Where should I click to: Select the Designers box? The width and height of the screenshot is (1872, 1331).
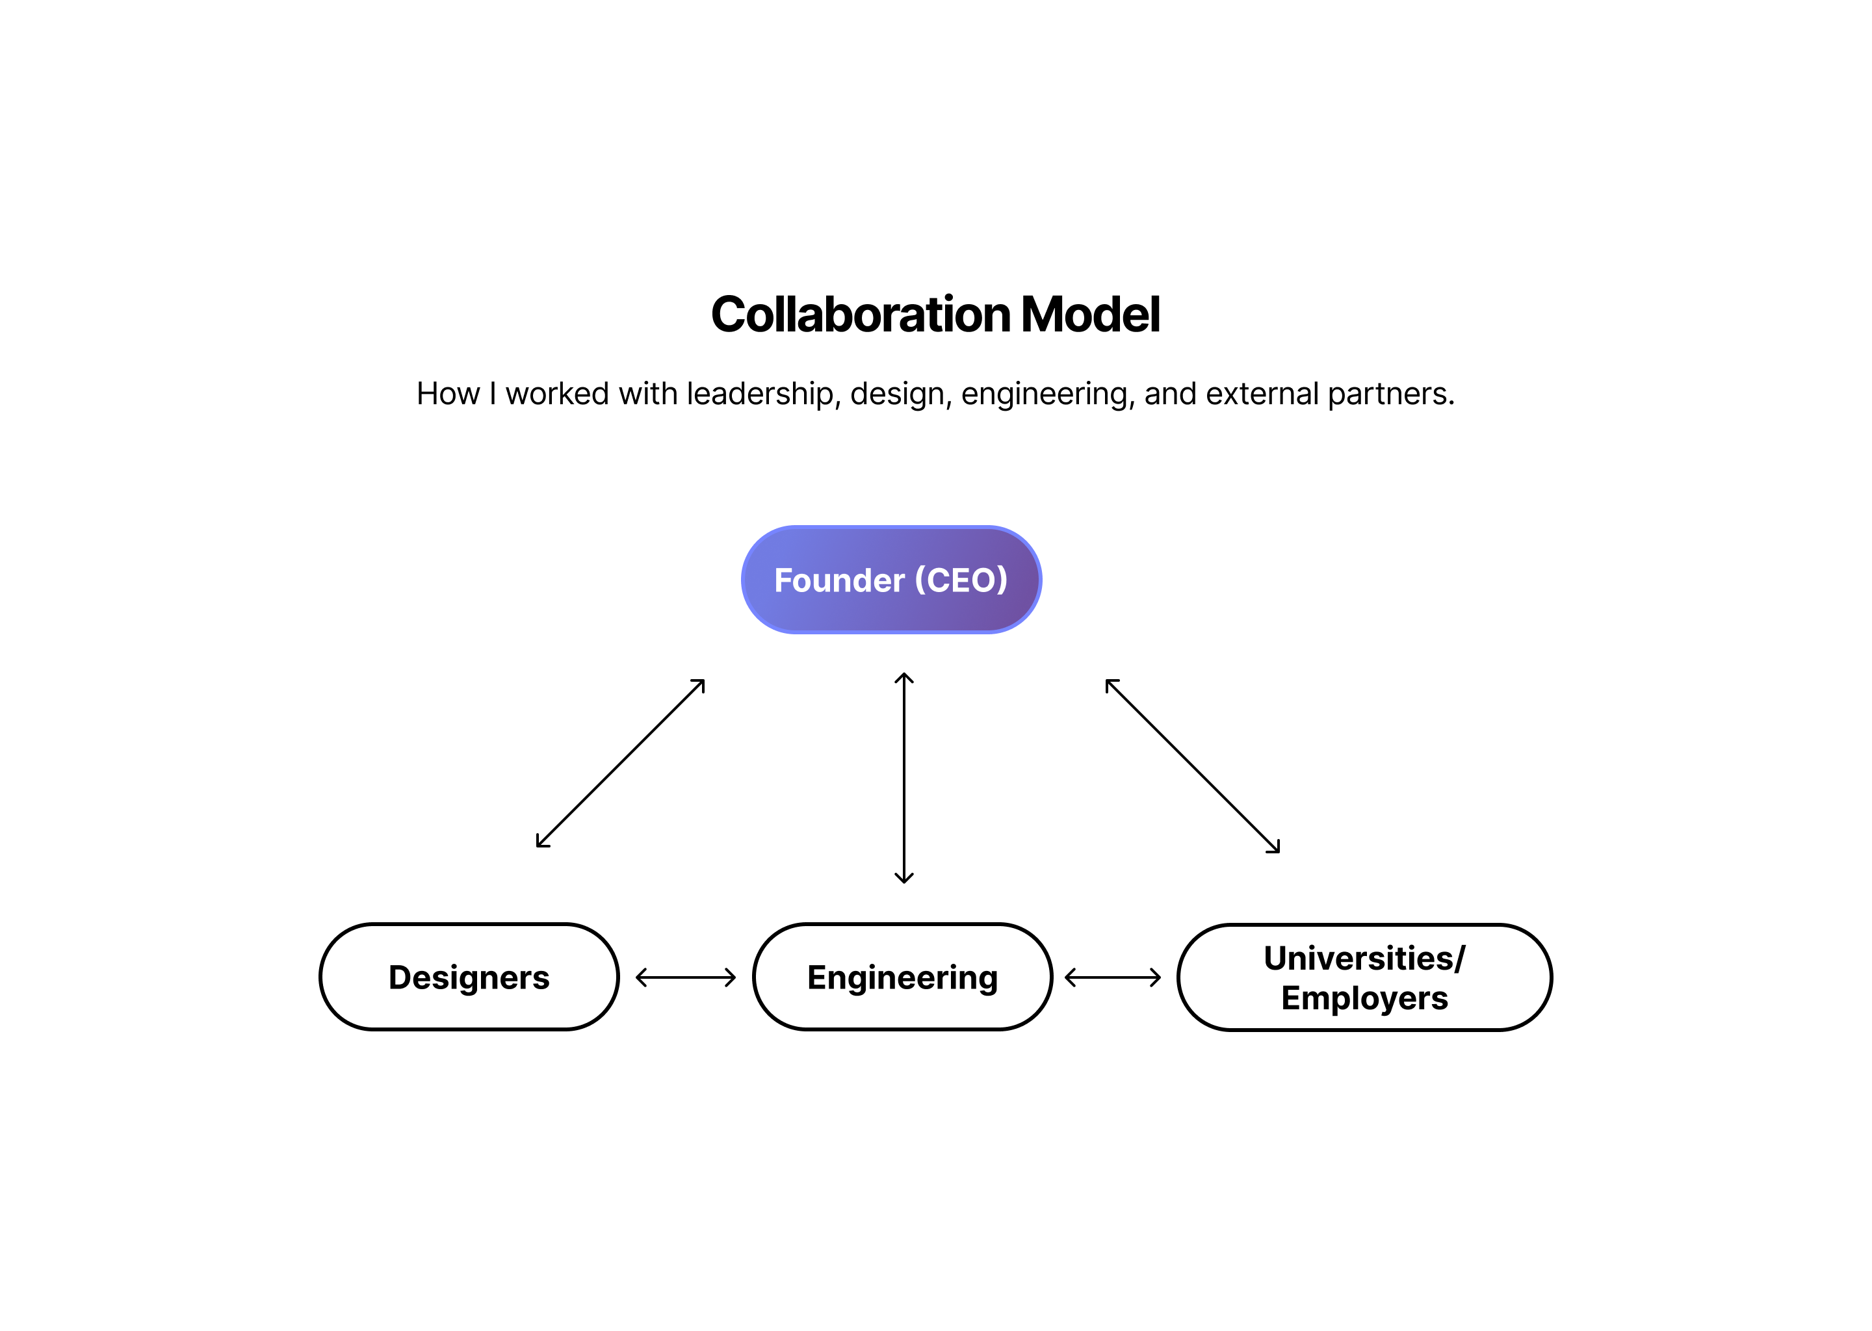click(x=469, y=977)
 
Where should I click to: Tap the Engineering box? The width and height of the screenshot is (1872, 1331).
click(x=902, y=977)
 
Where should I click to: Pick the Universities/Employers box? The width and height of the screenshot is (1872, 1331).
click(x=1364, y=977)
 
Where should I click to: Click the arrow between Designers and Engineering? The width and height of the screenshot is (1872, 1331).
click(x=686, y=977)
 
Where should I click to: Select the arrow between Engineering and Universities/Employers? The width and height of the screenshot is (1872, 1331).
click(x=1113, y=977)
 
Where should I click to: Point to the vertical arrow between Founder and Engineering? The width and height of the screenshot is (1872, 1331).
click(x=904, y=778)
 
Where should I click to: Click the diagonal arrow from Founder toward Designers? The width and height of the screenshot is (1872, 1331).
click(x=621, y=763)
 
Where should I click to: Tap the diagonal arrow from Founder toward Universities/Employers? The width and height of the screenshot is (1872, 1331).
click(x=1193, y=766)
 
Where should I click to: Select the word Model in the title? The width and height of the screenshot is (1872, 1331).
click(x=1090, y=315)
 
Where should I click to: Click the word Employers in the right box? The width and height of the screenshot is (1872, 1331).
click(x=1364, y=998)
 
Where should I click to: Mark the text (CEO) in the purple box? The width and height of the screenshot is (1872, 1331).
click(x=961, y=580)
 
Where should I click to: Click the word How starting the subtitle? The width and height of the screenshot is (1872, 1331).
click(x=447, y=394)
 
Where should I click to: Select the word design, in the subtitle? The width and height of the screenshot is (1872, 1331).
click(x=901, y=394)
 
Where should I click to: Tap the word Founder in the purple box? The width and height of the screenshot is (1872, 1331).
click(x=839, y=580)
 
